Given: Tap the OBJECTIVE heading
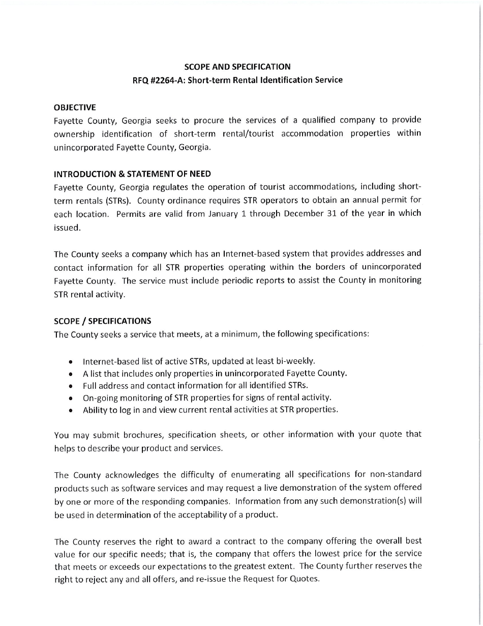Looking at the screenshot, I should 75,107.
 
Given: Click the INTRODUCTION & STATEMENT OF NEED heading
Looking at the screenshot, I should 132,174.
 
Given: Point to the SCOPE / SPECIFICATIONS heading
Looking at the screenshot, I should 102,321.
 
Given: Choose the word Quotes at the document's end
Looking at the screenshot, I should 304,580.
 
